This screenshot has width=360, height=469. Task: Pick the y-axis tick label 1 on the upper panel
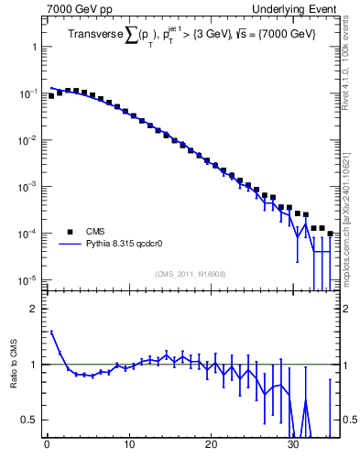(34, 46)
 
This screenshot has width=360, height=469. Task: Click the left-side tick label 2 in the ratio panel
(34, 309)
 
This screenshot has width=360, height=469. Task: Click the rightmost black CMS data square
(330, 234)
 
